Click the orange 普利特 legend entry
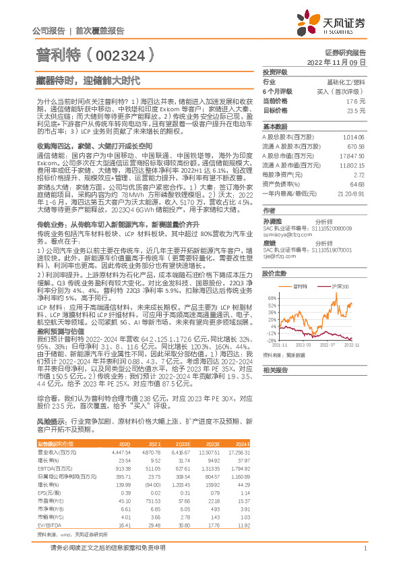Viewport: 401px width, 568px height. click(303, 286)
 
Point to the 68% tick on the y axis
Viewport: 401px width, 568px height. click(271, 296)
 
